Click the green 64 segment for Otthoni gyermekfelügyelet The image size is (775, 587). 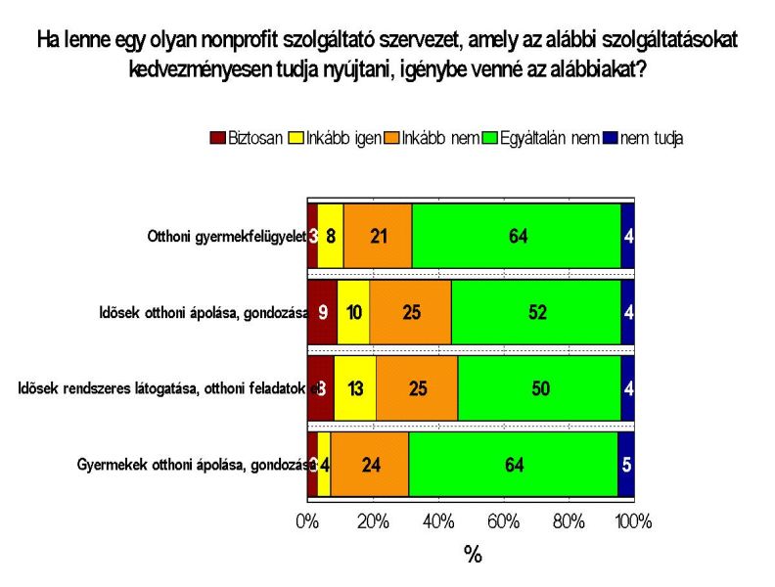tap(516, 235)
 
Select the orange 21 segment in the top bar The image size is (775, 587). tap(378, 235)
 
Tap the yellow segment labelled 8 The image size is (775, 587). tap(331, 235)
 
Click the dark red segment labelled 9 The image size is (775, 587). tap(322, 312)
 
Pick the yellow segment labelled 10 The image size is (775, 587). tap(353, 312)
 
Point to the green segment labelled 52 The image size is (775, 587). tap(535, 312)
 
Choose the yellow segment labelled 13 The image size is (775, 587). tap(355, 388)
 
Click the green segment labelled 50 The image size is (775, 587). tap(539, 388)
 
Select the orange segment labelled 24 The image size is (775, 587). tap(370, 465)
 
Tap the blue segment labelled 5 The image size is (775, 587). tap(626, 465)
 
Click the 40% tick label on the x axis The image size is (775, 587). tap(437, 521)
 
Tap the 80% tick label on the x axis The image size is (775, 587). tap(569, 521)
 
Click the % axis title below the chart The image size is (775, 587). tap(473, 556)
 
